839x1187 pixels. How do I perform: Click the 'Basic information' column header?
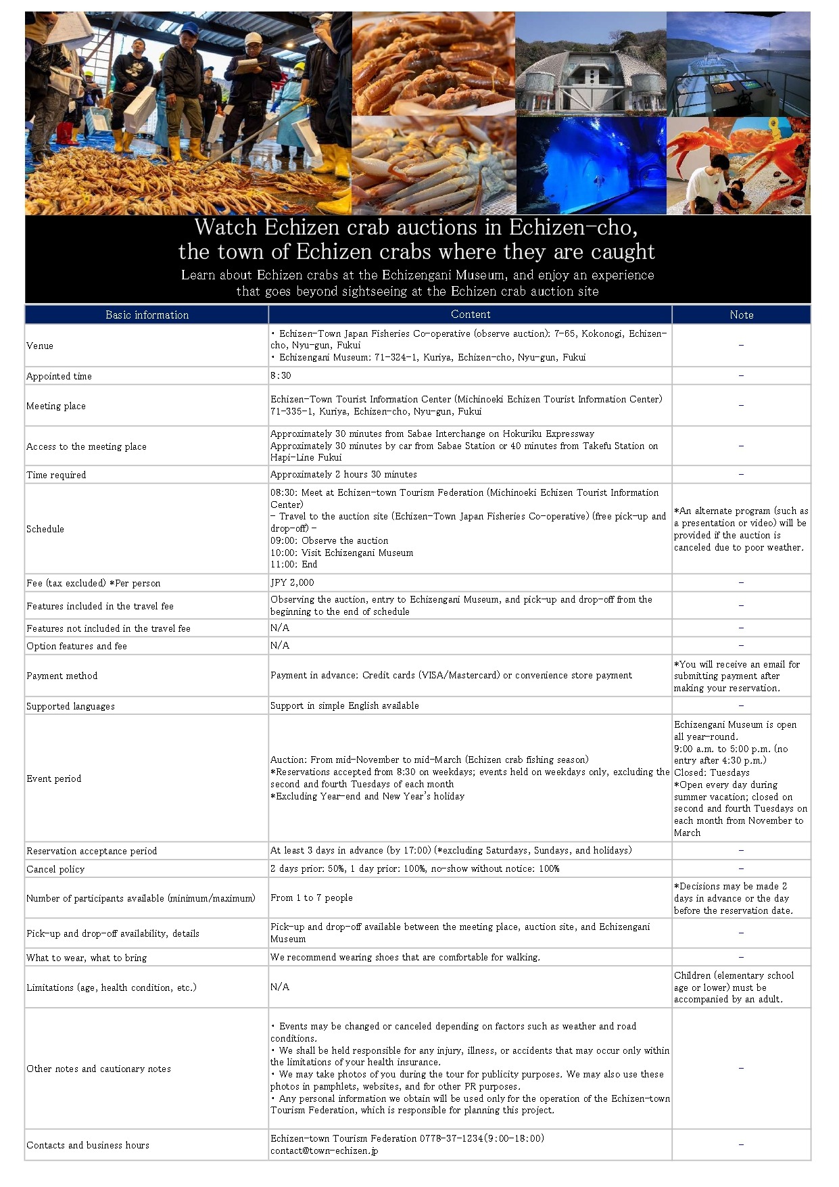click(147, 315)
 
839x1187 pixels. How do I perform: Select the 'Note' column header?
click(741, 315)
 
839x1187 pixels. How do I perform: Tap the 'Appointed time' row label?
click(59, 377)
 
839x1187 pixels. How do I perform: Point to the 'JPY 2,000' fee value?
click(292, 583)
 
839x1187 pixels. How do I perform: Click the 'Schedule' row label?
click(45, 530)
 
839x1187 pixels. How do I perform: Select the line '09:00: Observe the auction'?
click(329, 541)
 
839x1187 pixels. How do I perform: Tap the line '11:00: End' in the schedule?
click(293, 565)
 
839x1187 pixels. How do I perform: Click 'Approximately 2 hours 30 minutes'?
click(343, 475)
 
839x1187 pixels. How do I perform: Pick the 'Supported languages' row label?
click(70, 707)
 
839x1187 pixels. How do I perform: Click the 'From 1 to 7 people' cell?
click(312, 898)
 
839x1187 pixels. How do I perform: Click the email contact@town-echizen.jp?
click(324, 1150)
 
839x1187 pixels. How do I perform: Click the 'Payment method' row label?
click(62, 676)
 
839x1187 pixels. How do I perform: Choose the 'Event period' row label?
click(53, 779)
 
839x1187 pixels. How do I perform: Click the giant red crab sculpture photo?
click(738, 166)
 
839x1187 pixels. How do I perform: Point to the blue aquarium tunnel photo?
click(591, 166)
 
